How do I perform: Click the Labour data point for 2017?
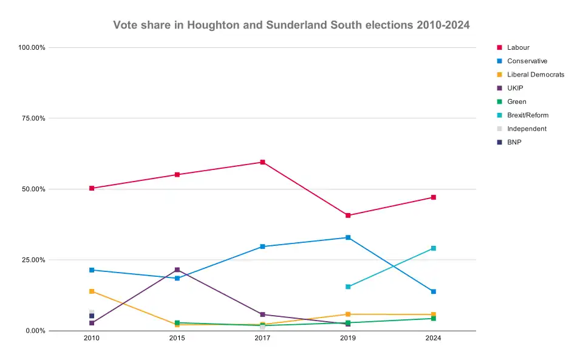[x=262, y=162]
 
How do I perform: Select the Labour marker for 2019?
[x=348, y=216]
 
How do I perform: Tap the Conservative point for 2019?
[x=348, y=237]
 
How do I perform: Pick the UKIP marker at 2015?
[x=177, y=270]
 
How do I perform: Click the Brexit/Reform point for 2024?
[x=434, y=248]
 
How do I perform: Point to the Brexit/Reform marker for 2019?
[x=348, y=287]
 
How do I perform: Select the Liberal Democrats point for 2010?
[x=92, y=291]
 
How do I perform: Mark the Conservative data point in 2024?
[x=434, y=291]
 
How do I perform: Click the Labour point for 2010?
[x=92, y=188]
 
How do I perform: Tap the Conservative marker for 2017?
[x=262, y=246]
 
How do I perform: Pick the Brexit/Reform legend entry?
[x=528, y=115]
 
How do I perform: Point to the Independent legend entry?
[x=527, y=129]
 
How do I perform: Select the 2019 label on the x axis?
[x=348, y=339]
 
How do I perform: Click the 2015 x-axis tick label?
[x=177, y=339]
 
